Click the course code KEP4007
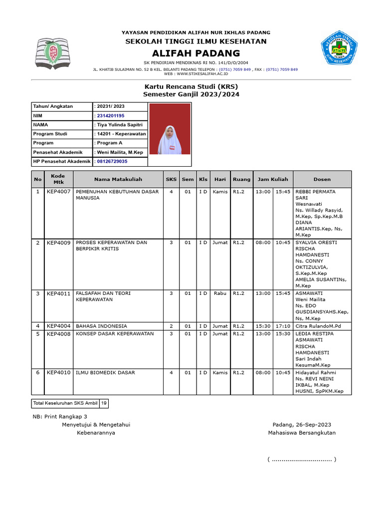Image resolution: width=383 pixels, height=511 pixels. coord(59,192)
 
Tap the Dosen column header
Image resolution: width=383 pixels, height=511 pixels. coord(322,179)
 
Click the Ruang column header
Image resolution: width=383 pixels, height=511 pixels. coord(241,179)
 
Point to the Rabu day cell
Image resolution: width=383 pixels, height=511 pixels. coord(220,293)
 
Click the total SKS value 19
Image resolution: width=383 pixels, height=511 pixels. coord(103,403)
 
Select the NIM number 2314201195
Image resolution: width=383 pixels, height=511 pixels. coord(110,116)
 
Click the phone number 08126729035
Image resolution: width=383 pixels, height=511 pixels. coord(112,161)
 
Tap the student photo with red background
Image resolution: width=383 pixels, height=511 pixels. coord(170,129)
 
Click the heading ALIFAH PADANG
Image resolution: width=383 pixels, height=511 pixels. coord(196,53)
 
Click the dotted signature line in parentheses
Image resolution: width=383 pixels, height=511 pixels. coord(302,459)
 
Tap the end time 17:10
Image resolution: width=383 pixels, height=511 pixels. coord(283,326)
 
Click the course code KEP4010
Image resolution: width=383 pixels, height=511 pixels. coord(59,373)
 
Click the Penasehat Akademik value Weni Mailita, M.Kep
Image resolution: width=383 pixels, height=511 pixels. coord(120,152)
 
